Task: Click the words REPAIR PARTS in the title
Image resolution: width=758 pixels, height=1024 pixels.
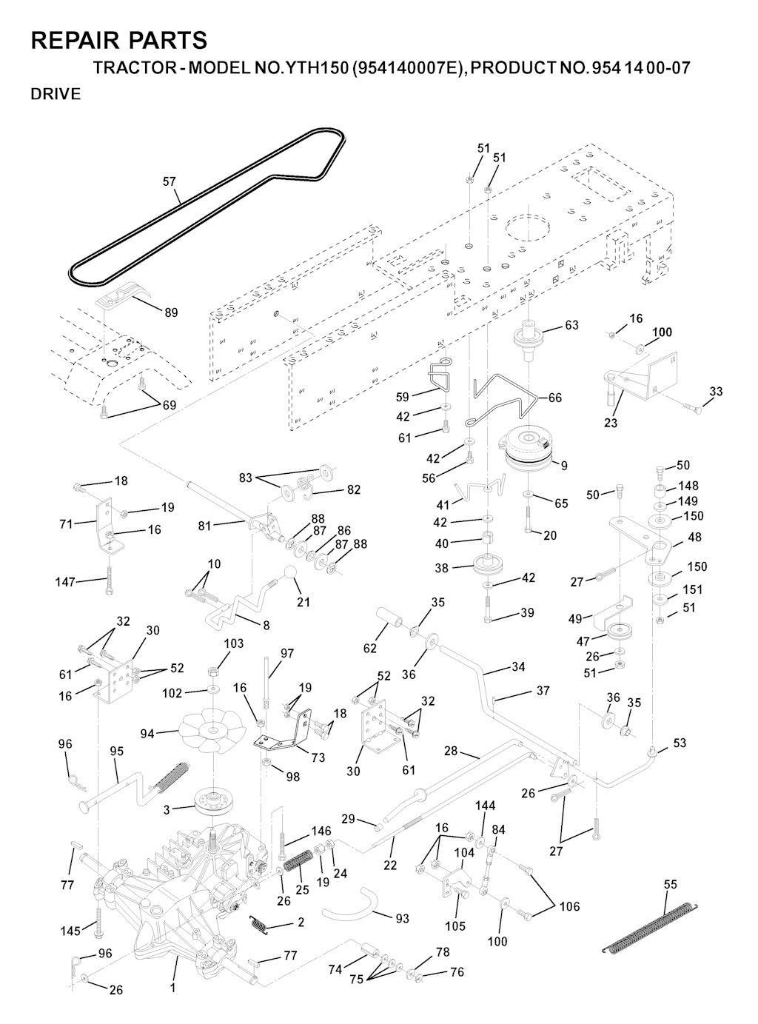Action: [119, 40]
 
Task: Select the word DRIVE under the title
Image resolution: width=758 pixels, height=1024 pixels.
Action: [56, 95]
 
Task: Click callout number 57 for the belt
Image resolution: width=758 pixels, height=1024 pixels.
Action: [170, 181]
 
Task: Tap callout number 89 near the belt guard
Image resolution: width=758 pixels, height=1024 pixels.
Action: [171, 312]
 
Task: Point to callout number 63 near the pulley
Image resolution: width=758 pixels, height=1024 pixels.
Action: [571, 325]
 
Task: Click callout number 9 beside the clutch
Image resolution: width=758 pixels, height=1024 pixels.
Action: [564, 466]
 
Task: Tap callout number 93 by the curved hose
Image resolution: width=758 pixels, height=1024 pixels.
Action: [402, 919]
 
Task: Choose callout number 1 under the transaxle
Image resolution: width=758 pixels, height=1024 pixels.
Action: [172, 988]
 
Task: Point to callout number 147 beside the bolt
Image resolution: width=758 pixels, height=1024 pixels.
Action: [65, 583]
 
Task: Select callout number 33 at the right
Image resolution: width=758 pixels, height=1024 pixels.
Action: [716, 392]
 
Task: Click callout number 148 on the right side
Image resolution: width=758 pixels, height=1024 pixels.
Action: [688, 486]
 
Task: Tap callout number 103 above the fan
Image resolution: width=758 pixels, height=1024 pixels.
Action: [234, 644]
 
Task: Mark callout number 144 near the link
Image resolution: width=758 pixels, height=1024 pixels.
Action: [485, 806]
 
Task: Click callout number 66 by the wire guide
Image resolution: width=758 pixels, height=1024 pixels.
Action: [554, 398]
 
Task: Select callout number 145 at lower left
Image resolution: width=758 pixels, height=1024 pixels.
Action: [70, 931]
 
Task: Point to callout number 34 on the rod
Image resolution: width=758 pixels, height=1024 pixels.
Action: [518, 667]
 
